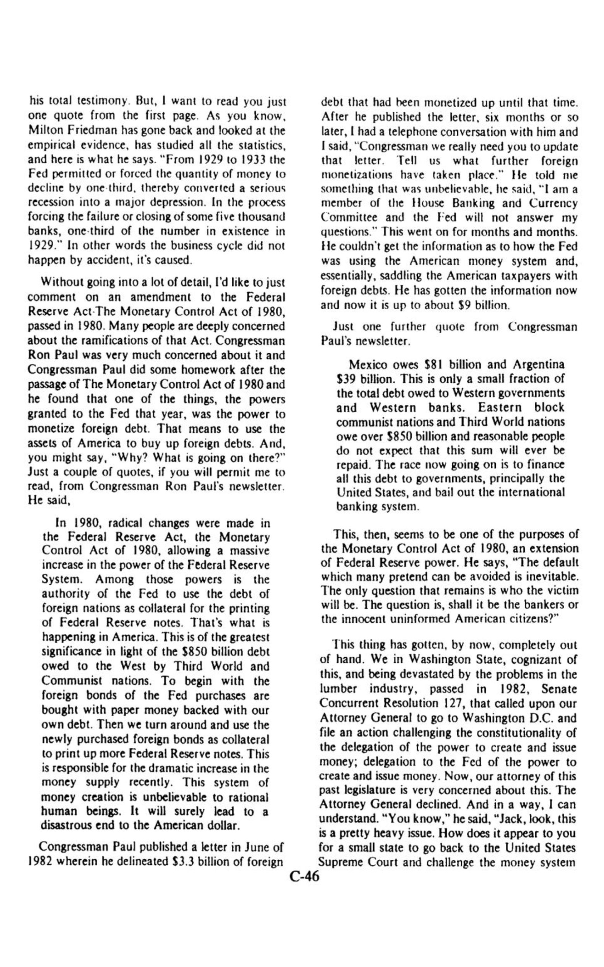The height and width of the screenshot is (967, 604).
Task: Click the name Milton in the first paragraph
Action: pyautogui.click(x=43, y=131)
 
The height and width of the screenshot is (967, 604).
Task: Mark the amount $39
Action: pyautogui.click(x=346, y=379)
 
